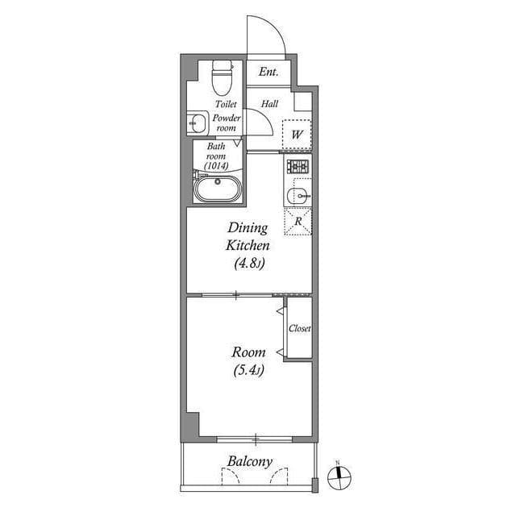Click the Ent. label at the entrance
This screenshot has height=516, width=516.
click(268, 73)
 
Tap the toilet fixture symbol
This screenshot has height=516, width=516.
click(220, 78)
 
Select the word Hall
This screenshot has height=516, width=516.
click(269, 103)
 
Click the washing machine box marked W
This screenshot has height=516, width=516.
click(297, 133)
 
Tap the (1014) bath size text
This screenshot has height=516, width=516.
click(216, 165)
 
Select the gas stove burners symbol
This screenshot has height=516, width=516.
click(298, 168)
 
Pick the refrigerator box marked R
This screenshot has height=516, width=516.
click(298, 221)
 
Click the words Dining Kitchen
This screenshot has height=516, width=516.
click(248, 235)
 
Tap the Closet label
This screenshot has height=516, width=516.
click(300, 329)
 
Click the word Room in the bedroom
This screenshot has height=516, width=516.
click(248, 352)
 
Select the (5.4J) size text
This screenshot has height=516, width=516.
click(248, 371)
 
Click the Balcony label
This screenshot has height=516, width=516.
click(249, 462)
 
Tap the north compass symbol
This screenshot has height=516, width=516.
click(339, 477)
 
